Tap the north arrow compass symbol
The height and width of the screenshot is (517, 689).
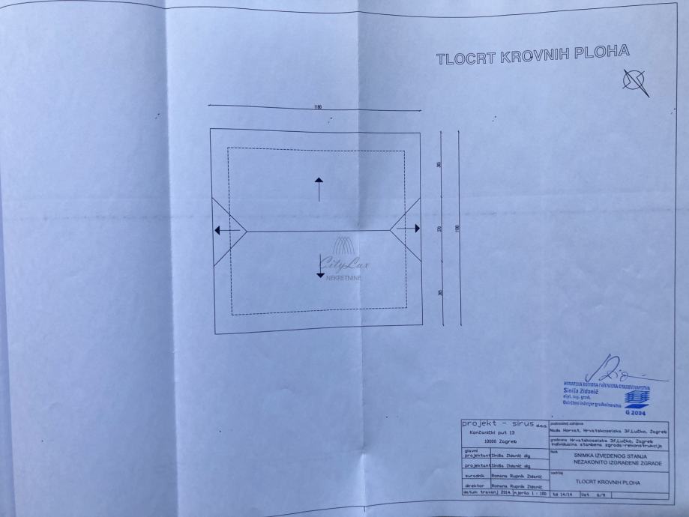pos(637,82)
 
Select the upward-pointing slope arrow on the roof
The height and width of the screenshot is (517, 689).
pos(319,189)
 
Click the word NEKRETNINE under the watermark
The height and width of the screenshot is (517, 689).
pos(343,278)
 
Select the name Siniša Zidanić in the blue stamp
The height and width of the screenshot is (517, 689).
pos(581,390)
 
